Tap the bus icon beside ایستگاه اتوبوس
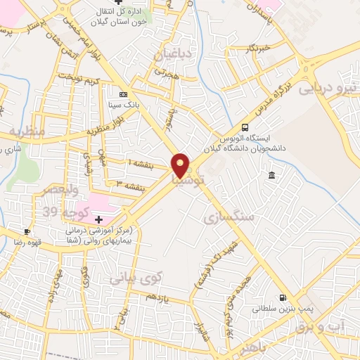click(x=245, y=127)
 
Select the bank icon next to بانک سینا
click(x=124, y=94)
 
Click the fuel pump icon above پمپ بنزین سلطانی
click(x=283, y=298)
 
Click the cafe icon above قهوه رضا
click(x=27, y=231)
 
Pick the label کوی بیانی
click(x=136, y=278)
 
